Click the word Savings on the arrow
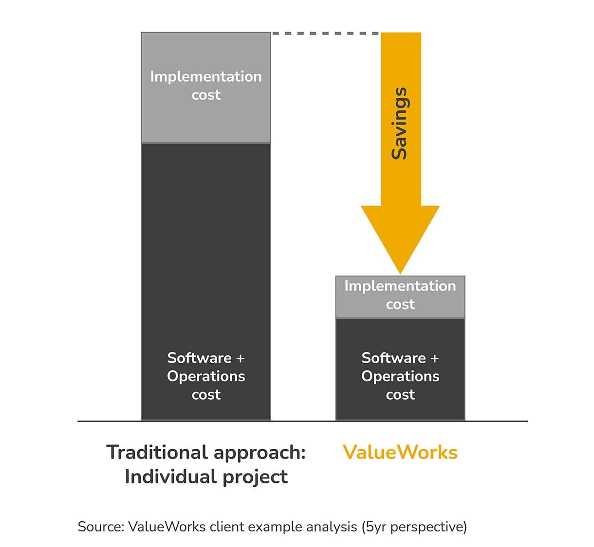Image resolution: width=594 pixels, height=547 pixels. point(400,124)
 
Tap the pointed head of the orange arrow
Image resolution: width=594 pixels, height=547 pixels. point(400,273)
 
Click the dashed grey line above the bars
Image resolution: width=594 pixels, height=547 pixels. point(325,34)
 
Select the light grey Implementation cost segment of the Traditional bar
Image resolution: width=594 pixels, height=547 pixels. point(206,88)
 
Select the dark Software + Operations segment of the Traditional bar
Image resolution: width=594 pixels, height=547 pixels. point(206,282)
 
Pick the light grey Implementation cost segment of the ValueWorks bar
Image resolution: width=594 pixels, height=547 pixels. point(400,297)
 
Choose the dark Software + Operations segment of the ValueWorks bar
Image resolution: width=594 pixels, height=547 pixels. point(400,369)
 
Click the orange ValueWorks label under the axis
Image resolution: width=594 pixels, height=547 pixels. point(400,452)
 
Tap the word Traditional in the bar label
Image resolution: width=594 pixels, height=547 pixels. point(157,452)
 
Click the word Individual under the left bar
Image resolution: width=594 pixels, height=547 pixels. point(171,476)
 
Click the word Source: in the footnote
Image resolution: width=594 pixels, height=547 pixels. point(101,527)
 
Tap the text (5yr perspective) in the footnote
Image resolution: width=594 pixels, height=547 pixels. point(414,527)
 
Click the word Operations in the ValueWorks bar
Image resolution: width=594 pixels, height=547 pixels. point(400,377)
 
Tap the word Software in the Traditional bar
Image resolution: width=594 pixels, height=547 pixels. point(199,358)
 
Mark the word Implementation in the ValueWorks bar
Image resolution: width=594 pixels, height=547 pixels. point(400,286)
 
